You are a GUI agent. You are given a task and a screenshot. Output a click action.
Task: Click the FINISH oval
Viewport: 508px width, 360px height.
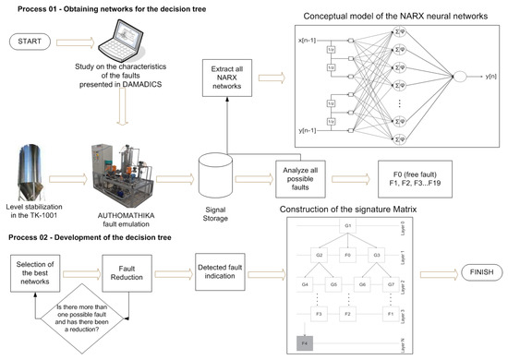click(471, 274)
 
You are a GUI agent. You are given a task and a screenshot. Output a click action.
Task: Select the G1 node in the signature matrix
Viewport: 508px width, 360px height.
click(347, 225)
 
